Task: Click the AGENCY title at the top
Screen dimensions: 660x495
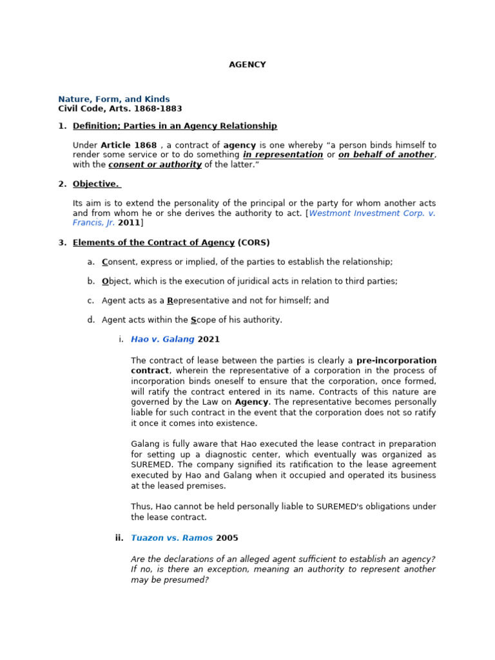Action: pos(247,64)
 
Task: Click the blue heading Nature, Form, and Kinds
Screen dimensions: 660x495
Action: pos(114,99)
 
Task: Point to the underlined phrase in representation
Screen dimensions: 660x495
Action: pos(283,155)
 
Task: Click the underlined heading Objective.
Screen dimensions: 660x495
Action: pos(96,184)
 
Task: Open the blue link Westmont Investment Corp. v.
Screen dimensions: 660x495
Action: pos(372,213)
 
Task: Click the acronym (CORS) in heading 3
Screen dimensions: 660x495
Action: pos(253,242)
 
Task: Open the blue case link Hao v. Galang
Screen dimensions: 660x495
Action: pos(162,339)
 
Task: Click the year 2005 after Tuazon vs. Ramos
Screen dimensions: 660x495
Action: pos(227,538)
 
